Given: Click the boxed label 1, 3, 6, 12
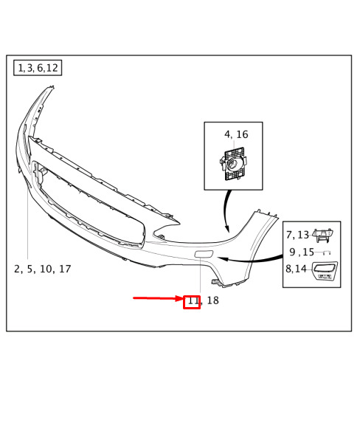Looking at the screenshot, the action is [x=38, y=68].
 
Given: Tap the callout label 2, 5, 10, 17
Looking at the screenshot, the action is [x=42, y=269].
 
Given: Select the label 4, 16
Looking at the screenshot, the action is [x=236, y=134].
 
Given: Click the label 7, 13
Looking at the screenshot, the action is [x=297, y=235].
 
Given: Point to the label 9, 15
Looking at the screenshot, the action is [x=302, y=252].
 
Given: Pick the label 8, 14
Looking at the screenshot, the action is [x=296, y=269].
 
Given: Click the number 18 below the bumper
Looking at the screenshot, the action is [x=212, y=300].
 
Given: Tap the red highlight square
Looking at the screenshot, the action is [x=192, y=302].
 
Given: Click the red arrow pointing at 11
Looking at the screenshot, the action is [x=159, y=298].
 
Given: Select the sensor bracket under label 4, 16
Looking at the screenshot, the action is [x=234, y=163].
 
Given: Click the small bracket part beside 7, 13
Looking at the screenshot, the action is [x=322, y=235].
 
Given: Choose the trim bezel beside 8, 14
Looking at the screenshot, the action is [x=325, y=271].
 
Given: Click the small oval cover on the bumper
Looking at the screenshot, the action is [x=204, y=254].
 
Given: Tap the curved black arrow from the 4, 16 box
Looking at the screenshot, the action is [x=225, y=210].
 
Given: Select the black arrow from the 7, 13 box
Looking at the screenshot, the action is [x=249, y=260].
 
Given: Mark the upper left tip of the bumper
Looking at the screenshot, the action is [x=52, y=87].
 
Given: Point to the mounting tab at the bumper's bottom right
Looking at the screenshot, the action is [x=216, y=282].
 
